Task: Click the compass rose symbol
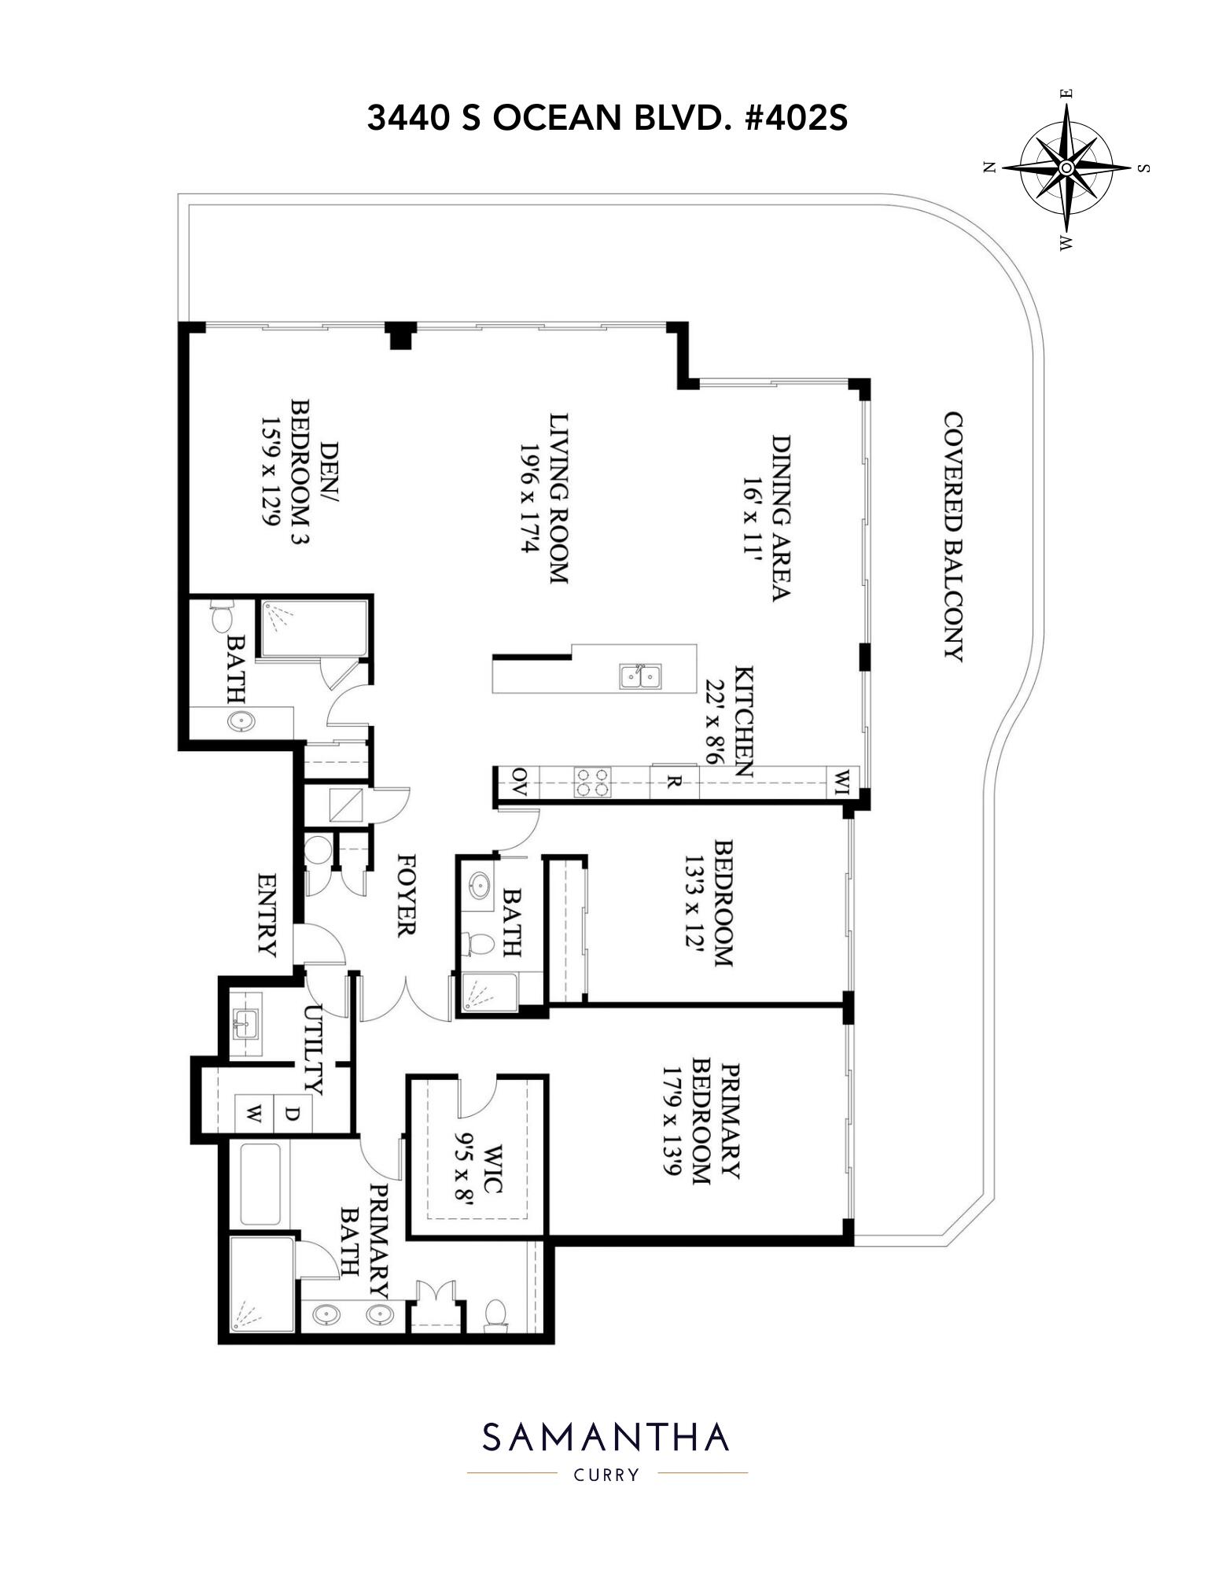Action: coord(1066,168)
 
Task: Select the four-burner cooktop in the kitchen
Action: coord(592,782)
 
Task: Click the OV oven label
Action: coord(518,783)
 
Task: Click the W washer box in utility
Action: coord(254,1113)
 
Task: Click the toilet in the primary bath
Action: coord(495,1313)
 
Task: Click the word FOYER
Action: coord(406,894)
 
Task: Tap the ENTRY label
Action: coord(267,915)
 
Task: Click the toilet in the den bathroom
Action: coord(221,616)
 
